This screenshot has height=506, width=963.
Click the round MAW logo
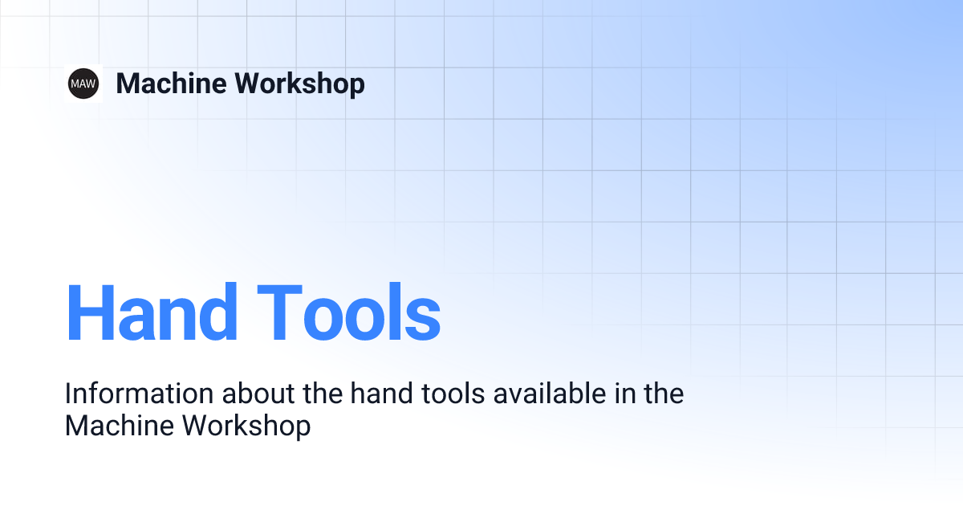[83, 84]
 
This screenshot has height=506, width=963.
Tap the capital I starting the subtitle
[68, 394]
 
